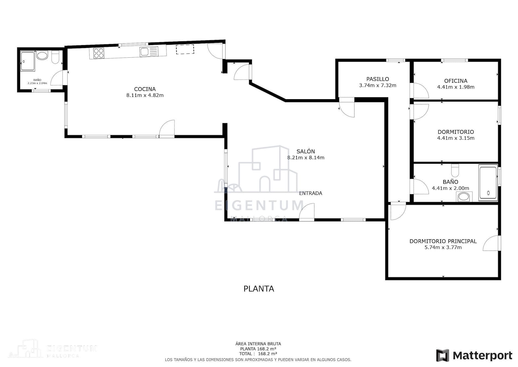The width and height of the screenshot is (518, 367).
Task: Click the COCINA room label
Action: [145, 89]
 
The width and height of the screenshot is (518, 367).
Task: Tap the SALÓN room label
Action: [306, 151]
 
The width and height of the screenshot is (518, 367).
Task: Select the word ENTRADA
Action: [311, 193]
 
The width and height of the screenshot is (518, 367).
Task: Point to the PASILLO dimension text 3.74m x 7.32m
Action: [378, 85]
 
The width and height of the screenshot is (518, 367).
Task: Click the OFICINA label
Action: [456, 81]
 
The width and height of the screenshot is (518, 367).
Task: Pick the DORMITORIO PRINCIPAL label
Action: [443, 241]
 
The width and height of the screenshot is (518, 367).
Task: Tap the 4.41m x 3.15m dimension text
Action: [456, 138]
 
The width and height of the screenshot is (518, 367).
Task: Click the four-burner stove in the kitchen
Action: [99, 53]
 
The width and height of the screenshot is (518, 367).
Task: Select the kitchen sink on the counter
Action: [149, 51]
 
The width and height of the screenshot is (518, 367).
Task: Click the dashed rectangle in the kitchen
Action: [185, 49]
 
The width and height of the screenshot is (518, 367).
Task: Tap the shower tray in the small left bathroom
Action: [28, 61]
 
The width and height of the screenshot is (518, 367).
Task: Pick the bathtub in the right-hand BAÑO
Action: [488, 183]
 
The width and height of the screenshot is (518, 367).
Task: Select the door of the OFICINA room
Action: [421, 91]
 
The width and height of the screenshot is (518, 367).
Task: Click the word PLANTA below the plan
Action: [259, 289]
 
